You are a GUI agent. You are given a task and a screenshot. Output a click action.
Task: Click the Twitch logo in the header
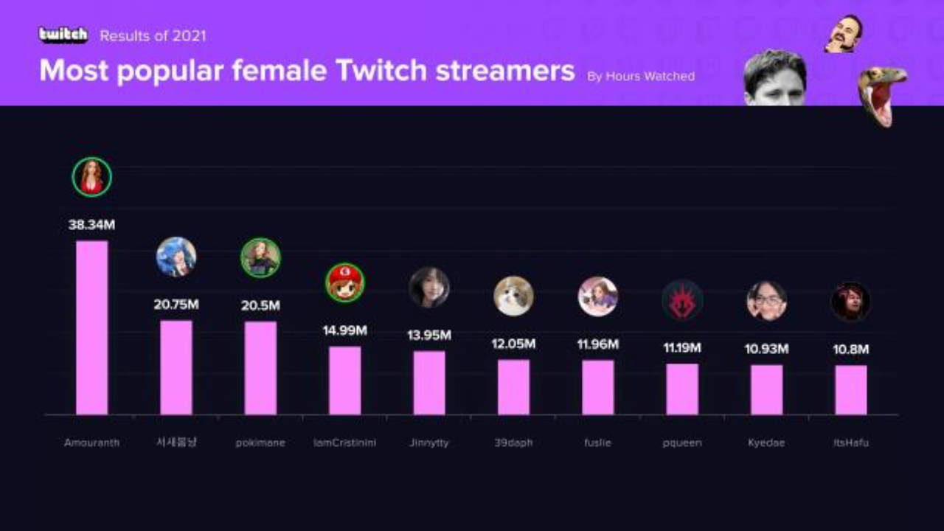tap(63, 35)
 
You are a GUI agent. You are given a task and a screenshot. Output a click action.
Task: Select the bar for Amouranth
tap(92, 327)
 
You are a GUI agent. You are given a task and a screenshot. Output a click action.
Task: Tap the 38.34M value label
tap(91, 225)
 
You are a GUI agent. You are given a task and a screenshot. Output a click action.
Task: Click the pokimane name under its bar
tap(260, 442)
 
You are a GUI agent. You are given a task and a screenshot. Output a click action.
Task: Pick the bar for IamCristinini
tap(344, 381)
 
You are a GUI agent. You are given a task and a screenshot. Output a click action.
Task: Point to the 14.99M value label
tap(344, 330)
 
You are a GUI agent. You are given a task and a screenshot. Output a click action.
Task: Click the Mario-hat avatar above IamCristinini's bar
tap(345, 282)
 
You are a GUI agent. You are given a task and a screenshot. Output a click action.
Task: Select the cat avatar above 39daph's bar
tap(513, 296)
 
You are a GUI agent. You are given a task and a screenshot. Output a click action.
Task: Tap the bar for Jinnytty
tap(429, 383)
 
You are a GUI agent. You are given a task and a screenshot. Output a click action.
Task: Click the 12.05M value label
tap(513, 344)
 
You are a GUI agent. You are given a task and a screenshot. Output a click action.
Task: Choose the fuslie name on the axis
tap(597, 442)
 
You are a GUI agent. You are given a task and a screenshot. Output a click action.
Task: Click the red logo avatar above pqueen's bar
tap(682, 300)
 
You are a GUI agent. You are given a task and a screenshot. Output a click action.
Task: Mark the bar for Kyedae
tap(766, 389)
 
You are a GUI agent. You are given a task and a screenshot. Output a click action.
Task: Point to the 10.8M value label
tap(851, 350)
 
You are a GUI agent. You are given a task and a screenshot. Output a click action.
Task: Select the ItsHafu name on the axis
tap(851, 442)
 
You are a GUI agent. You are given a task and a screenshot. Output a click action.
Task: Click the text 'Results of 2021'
tap(153, 35)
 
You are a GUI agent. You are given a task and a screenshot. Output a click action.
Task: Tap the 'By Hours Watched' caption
tap(641, 76)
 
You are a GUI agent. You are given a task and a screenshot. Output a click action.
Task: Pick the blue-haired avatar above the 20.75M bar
tap(176, 257)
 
